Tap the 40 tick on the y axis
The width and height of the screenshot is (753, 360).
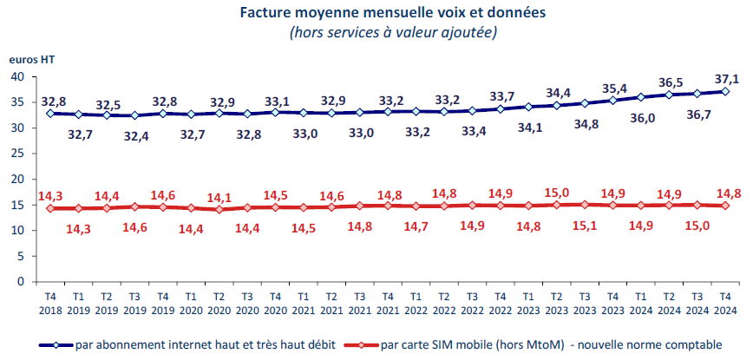pyautogui.click(x=16, y=76)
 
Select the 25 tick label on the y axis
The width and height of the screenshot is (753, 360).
pyautogui.click(x=16, y=154)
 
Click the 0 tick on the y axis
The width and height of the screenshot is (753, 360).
pyautogui.click(x=19, y=282)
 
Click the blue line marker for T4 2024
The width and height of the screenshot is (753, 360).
pyautogui.click(x=726, y=91)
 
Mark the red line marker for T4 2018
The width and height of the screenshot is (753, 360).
pyautogui.click(x=50, y=208)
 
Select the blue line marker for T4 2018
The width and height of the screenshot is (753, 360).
pyautogui.click(x=50, y=114)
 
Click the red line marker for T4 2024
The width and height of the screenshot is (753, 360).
pyautogui.click(x=726, y=206)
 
